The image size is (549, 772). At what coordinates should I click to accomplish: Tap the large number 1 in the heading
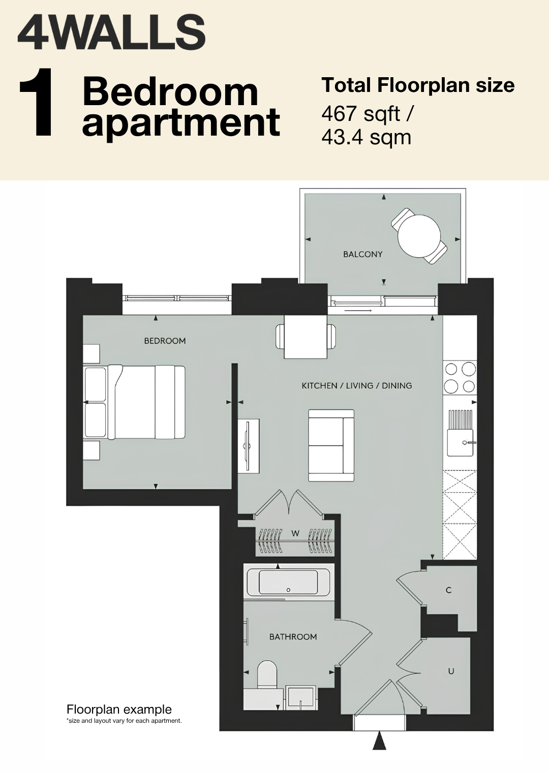[x=37, y=102]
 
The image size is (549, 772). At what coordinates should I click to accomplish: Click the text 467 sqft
[x=361, y=114]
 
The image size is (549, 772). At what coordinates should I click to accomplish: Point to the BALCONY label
[x=363, y=254]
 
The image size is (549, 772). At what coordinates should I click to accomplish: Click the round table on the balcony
[x=419, y=236]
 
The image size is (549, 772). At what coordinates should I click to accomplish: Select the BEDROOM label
[x=165, y=341]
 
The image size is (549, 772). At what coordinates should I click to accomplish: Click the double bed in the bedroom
[x=135, y=402]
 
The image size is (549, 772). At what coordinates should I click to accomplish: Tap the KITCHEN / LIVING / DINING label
[x=357, y=385]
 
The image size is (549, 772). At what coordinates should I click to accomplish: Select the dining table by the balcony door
[x=306, y=337]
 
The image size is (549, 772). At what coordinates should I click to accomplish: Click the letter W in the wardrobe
[x=295, y=533]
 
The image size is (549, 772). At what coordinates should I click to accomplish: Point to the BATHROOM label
[x=293, y=636]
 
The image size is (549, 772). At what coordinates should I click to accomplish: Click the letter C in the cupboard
[x=449, y=590]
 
